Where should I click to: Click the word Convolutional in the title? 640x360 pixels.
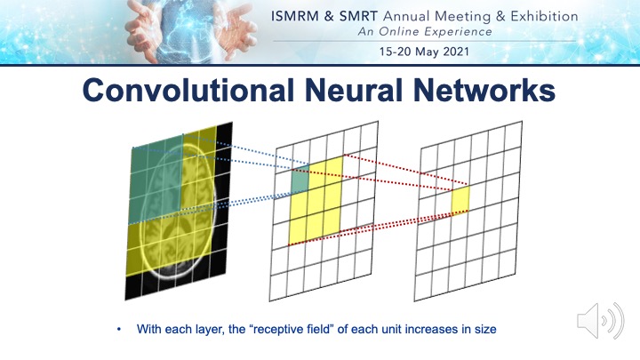tap(188, 90)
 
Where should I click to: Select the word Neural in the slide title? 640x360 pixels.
tap(354, 90)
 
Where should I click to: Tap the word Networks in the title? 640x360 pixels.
tap(484, 90)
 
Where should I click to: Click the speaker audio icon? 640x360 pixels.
tap(600, 321)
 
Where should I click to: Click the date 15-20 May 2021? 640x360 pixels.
tap(424, 52)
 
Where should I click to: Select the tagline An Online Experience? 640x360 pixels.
tap(425, 32)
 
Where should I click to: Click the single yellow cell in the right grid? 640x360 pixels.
tap(460, 200)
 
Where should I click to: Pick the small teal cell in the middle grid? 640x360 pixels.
tap(300, 179)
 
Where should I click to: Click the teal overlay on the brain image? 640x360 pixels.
tap(156, 180)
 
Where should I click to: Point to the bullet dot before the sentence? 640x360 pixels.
tap(119, 329)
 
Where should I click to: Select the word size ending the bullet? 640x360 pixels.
tap(485, 329)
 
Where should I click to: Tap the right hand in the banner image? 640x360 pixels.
tap(236, 29)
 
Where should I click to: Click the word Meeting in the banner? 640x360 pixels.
tap(462, 17)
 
